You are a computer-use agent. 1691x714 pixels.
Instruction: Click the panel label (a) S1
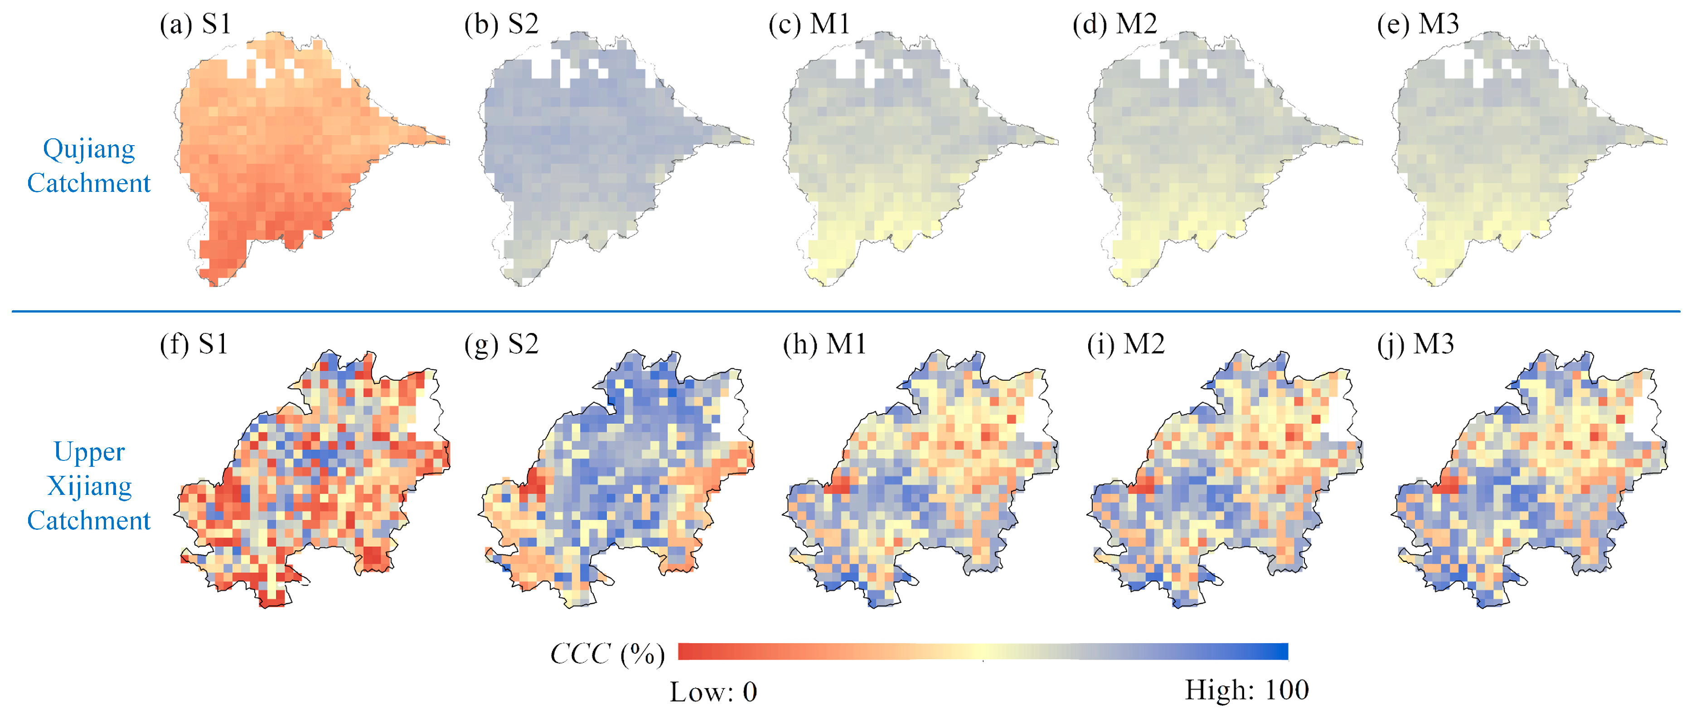point(196,24)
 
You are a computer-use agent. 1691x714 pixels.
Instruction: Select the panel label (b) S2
point(501,24)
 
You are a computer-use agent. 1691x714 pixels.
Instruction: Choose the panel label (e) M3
point(1418,24)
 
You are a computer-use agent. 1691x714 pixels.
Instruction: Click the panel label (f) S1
point(194,344)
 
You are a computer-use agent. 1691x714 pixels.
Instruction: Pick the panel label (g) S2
point(501,344)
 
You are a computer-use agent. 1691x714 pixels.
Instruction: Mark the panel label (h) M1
point(824,344)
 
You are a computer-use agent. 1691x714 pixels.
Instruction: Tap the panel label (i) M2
point(1126,344)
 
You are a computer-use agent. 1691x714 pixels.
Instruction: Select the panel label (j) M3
point(1415,344)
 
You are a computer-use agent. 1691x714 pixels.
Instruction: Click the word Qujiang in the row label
point(89,150)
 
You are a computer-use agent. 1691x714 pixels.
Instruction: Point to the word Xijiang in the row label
point(89,486)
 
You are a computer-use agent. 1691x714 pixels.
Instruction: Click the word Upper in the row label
point(89,452)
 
